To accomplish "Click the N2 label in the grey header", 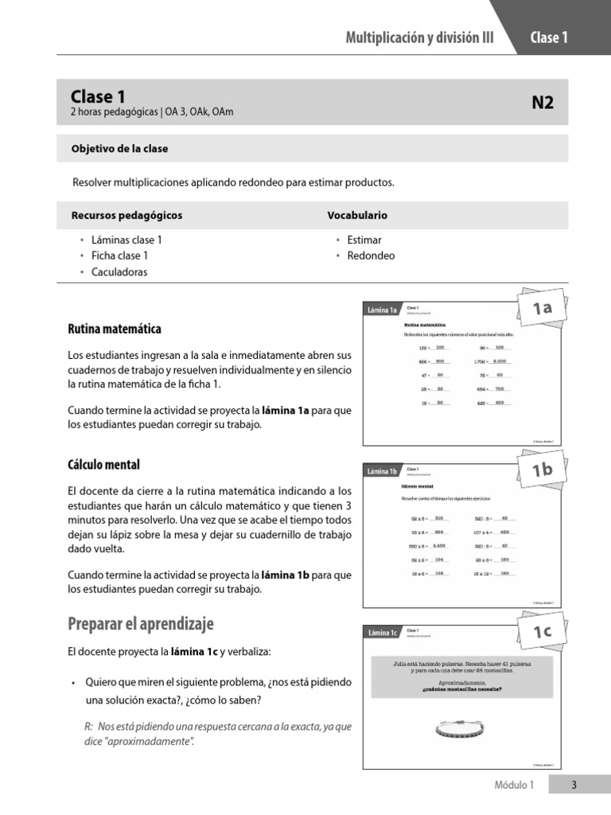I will (x=542, y=103).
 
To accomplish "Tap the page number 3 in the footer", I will (x=574, y=786).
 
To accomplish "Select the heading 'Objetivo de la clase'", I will (x=119, y=149).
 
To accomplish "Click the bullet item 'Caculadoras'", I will (x=119, y=272).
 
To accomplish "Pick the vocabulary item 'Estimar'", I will (x=364, y=240).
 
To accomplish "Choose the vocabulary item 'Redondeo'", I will (x=371, y=255).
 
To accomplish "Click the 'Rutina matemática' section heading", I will (x=115, y=329).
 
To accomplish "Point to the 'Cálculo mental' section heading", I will (x=104, y=464).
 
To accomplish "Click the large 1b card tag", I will (x=542, y=470).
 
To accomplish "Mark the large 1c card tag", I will (x=542, y=632).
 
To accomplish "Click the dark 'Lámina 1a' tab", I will (x=382, y=310).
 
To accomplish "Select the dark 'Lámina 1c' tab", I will (x=382, y=633).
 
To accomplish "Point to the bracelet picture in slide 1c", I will (x=461, y=726).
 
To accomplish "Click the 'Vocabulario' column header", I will (x=357, y=216).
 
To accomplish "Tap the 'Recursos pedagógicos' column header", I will (x=126, y=216).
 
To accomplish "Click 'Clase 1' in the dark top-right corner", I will (x=548, y=37).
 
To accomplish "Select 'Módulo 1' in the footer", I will (x=514, y=786).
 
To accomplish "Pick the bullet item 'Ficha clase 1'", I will (x=119, y=255).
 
